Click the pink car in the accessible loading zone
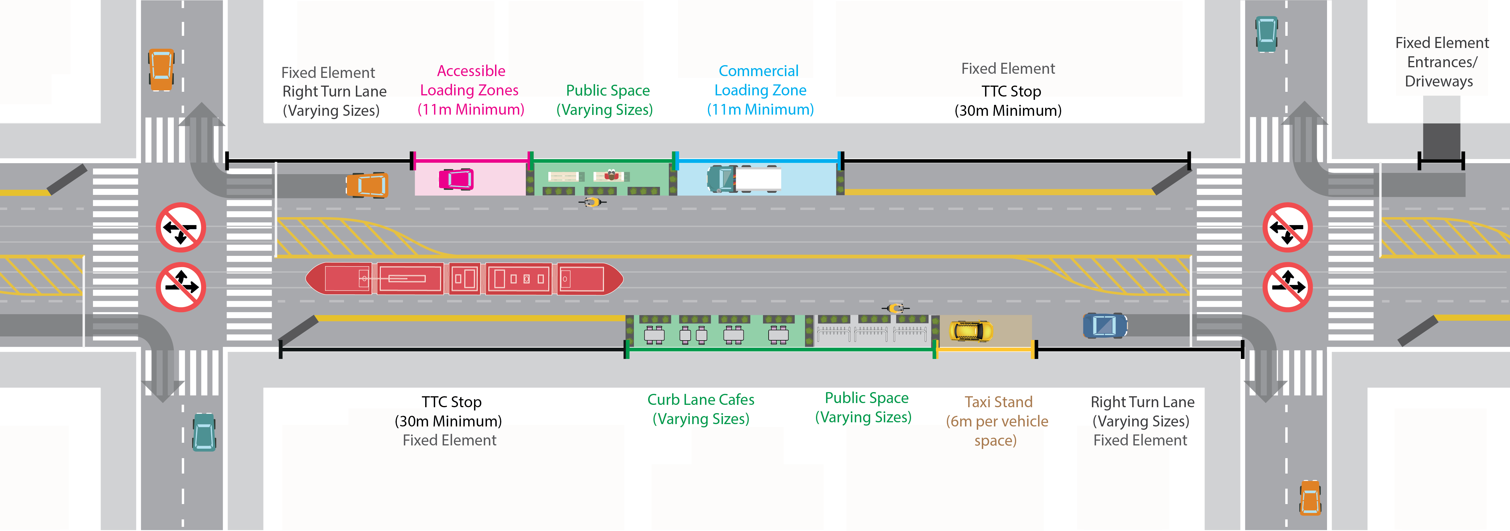coord(456,179)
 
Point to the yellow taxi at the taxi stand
coord(971,331)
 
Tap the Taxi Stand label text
coord(998,402)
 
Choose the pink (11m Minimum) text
coord(471,110)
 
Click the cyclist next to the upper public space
coord(592,202)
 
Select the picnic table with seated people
coord(611,176)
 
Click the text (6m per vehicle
coord(997,421)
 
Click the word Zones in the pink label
coord(499,90)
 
